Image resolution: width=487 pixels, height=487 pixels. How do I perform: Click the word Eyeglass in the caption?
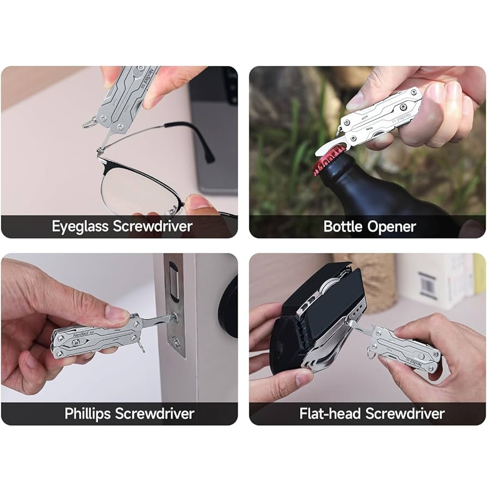[80, 227]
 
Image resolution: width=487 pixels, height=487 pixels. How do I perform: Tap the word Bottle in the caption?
[343, 227]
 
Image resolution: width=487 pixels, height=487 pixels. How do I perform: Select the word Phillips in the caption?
[88, 414]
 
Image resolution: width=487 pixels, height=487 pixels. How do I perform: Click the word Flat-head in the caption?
[330, 413]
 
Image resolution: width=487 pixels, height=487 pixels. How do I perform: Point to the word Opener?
[392, 227]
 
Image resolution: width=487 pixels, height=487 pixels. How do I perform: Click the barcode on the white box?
[428, 285]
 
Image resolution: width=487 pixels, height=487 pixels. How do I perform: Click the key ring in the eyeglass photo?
[89, 123]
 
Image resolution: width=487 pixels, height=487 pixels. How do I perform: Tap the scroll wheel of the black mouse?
[330, 284]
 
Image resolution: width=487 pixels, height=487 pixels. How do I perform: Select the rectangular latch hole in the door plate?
[173, 282]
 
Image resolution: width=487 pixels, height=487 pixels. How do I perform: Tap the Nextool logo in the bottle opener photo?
[404, 118]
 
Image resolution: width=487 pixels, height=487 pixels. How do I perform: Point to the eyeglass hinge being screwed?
[100, 151]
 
